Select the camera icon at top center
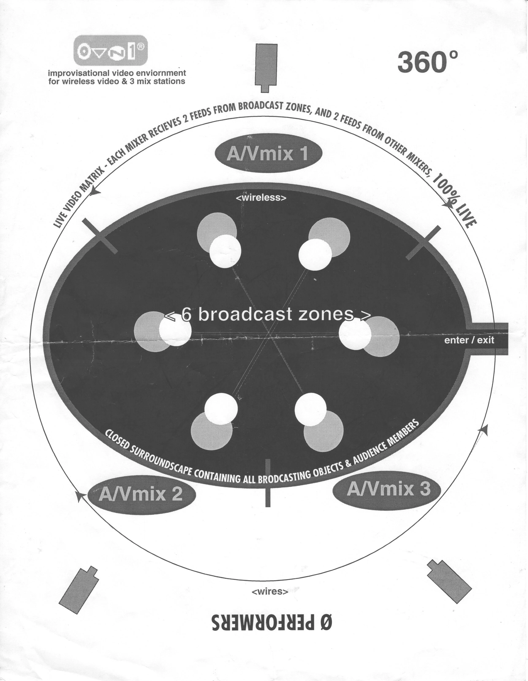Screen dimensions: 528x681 (x=266, y=67)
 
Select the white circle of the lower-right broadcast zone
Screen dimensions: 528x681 (x=310, y=409)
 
